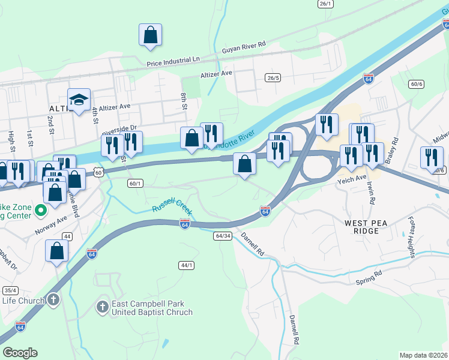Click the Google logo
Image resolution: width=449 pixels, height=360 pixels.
pos(20,353)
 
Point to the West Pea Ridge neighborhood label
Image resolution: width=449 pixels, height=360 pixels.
pos(362,227)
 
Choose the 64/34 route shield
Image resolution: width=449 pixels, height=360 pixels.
pos(222,236)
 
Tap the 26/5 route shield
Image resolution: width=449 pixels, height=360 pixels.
pos(273,77)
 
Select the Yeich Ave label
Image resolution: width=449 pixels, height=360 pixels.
pos(352,178)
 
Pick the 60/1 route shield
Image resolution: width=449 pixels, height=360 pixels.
pos(136,184)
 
